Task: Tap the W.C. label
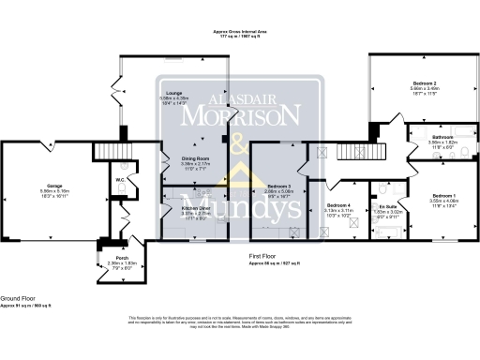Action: click(x=121, y=180)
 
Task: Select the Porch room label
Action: click(x=122, y=257)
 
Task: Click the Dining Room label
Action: click(x=194, y=158)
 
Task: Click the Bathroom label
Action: click(x=419, y=138)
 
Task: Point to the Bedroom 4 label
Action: click(x=338, y=204)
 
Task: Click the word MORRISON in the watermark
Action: click(x=241, y=115)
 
